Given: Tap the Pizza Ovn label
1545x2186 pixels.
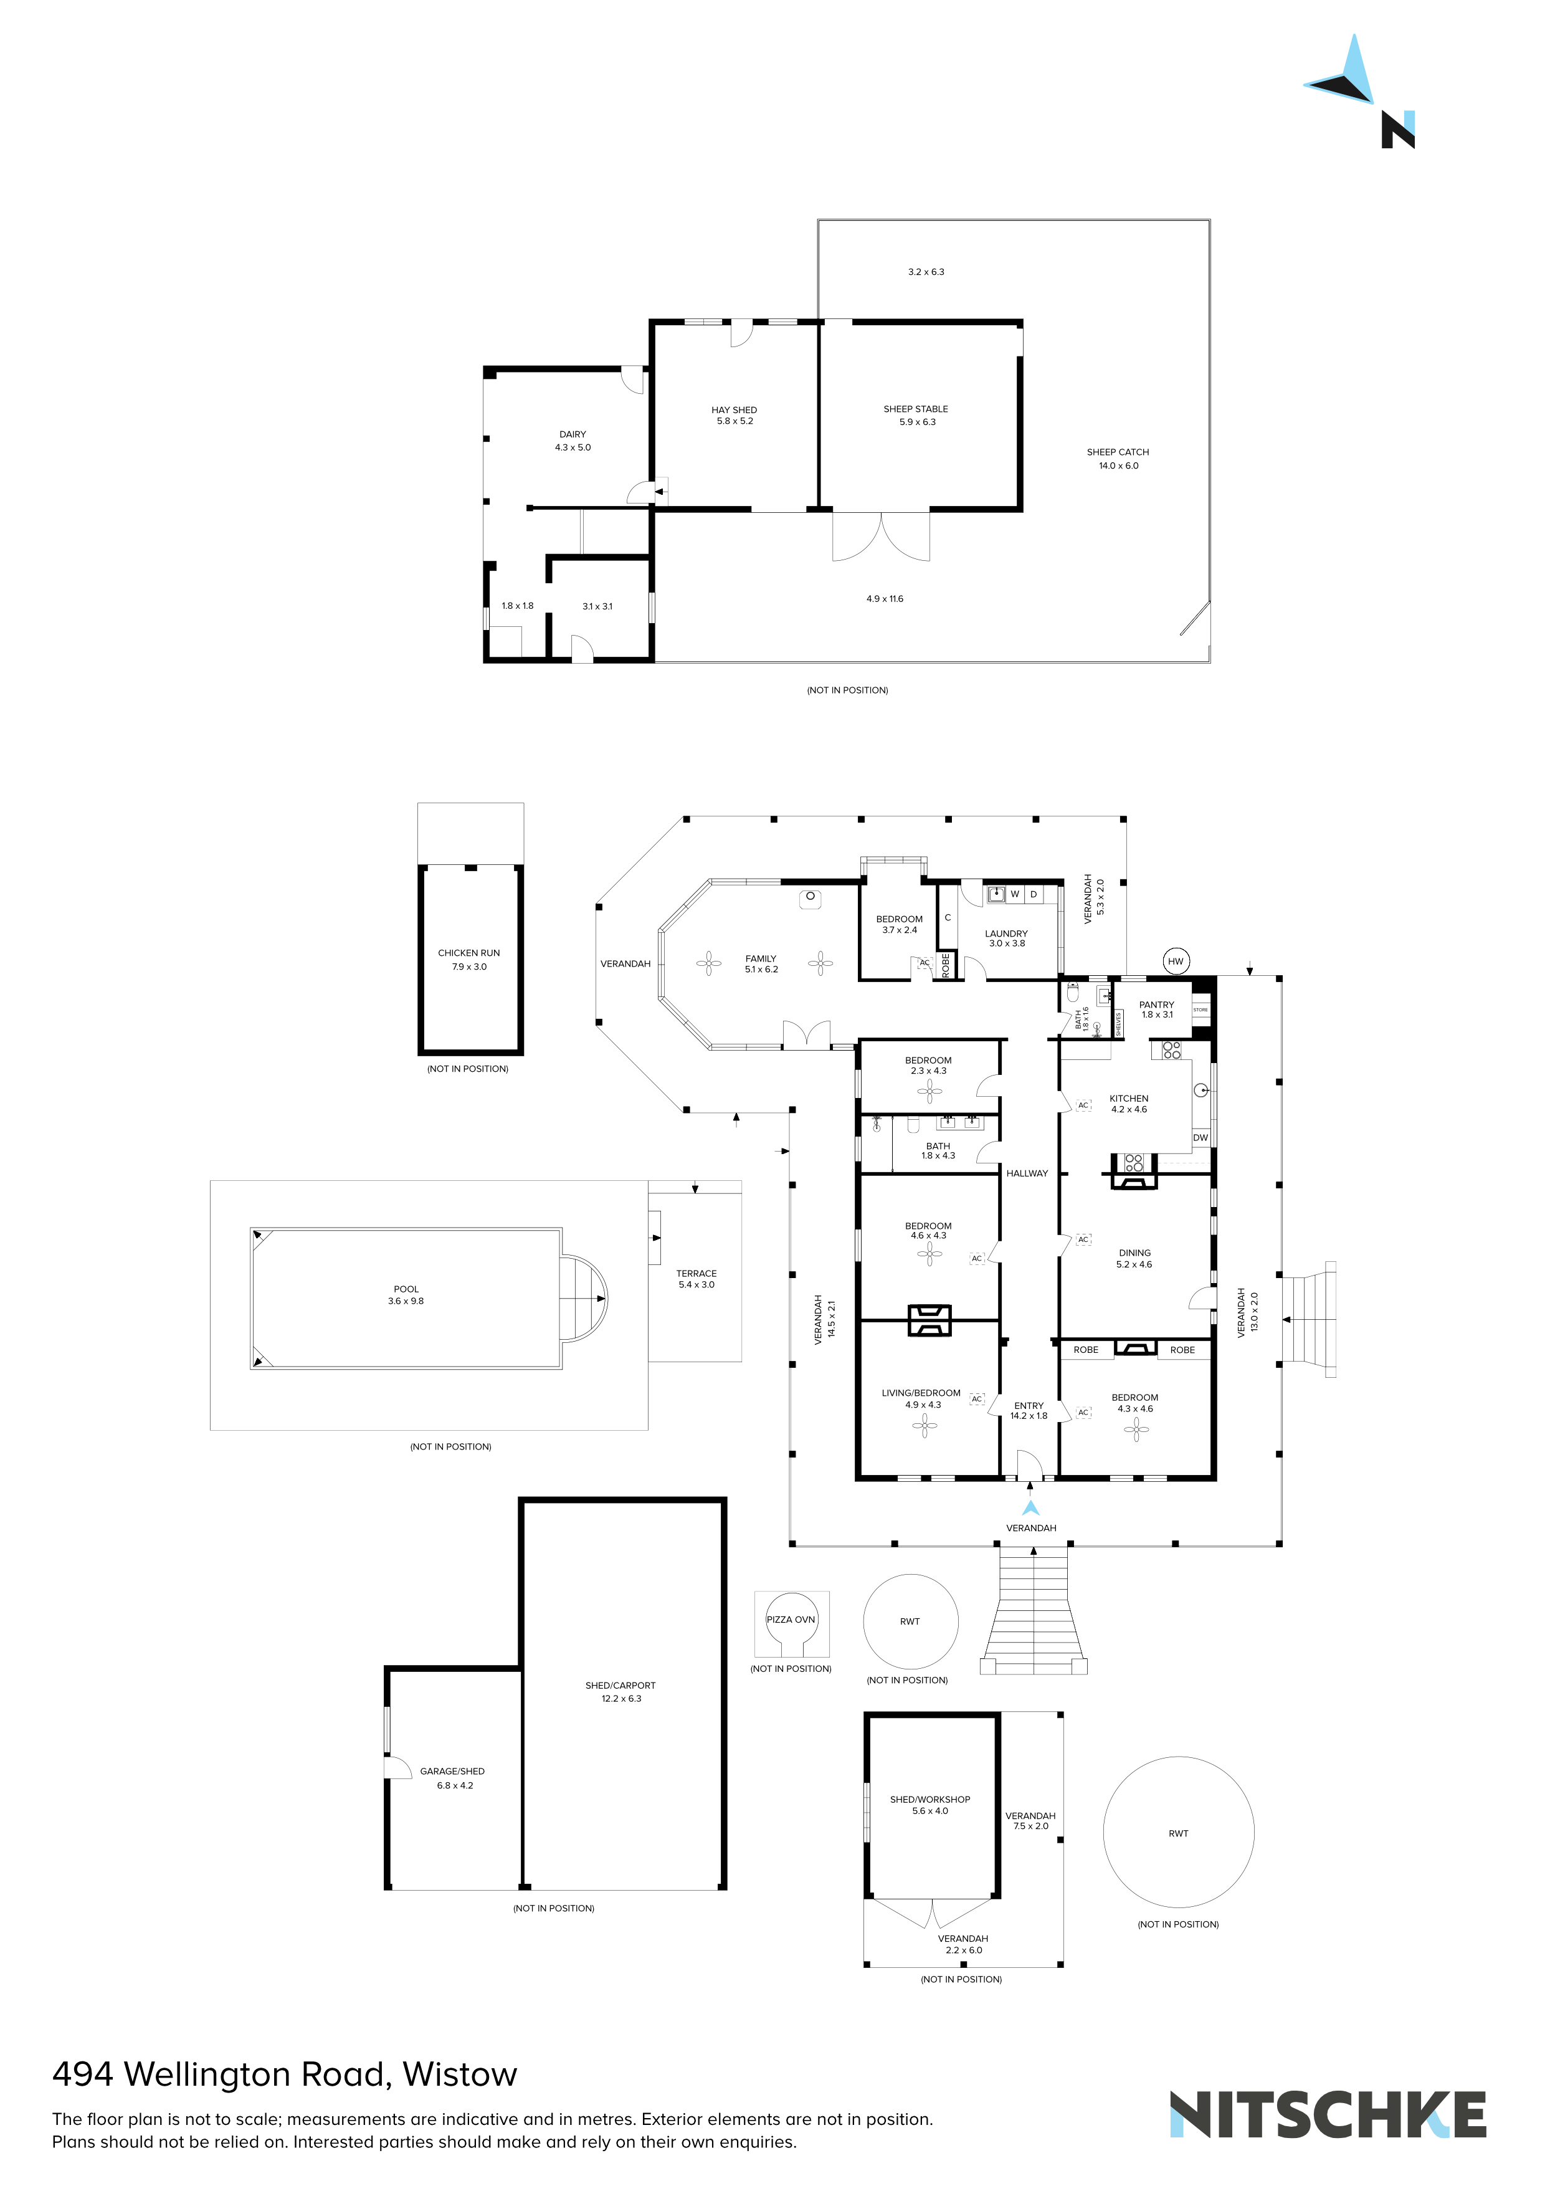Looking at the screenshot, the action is click(791, 1620).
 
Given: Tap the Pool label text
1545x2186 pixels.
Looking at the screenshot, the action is click(406, 1289).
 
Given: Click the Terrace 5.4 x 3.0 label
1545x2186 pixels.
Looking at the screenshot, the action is click(696, 1279).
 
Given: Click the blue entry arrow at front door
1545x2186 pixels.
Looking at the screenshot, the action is click(1030, 1507).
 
